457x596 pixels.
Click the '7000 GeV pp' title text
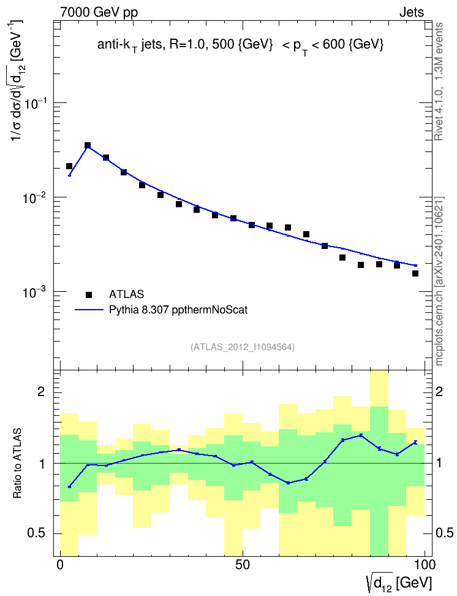click(x=99, y=12)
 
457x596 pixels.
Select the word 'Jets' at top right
click(x=412, y=12)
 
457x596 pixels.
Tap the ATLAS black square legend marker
click(x=88, y=294)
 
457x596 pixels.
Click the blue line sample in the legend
click(x=89, y=310)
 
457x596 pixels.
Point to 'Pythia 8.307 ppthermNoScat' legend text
click(x=178, y=310)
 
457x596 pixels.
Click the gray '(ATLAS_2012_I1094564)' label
click(x=243, y=346)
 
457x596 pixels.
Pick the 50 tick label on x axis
click(x=243, y=565)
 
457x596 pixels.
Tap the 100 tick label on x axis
click(x=425, y=565)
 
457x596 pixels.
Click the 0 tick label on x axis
click(x=60, y=565)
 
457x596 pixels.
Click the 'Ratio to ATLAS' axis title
click(x=17, y=464)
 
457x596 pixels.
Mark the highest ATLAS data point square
click(x=88, y=145)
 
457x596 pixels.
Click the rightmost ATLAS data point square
click(x=415, y=273)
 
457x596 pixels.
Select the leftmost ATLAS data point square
click(x=69, y=166)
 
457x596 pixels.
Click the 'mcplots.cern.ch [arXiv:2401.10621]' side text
click(x=439, y=281)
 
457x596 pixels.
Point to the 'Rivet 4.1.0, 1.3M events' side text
click(x=439, y=82)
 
